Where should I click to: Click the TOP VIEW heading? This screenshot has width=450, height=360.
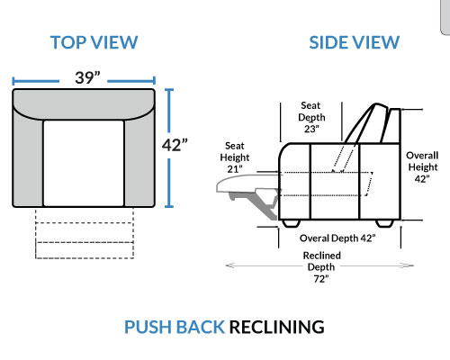tap(94, 42)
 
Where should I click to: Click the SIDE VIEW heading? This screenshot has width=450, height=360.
tap(355, 42)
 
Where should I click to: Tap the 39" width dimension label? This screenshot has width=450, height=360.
tap(87, 77)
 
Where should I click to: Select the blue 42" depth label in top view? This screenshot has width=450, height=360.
tap(175, 145)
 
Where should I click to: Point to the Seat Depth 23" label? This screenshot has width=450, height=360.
tap(311, 117)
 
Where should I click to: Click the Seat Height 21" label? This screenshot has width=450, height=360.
tap(235, 157)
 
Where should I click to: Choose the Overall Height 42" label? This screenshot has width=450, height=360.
tap(422, 166)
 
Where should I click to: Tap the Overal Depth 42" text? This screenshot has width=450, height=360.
tap(337, 238)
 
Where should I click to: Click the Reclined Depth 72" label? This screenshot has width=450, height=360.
tap(321, 267)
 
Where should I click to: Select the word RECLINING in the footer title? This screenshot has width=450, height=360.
tap(277, 327)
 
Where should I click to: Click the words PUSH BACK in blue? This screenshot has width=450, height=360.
tap(175, 327)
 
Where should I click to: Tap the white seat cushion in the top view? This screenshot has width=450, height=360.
tap(84, 163)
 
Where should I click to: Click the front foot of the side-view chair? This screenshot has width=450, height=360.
tap(291, 223)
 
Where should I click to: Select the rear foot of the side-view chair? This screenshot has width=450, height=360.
tap(384, 223)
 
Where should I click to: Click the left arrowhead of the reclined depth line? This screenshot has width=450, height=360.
tap(229, 265)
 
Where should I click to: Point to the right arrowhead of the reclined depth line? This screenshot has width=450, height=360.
tap(409, 265)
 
